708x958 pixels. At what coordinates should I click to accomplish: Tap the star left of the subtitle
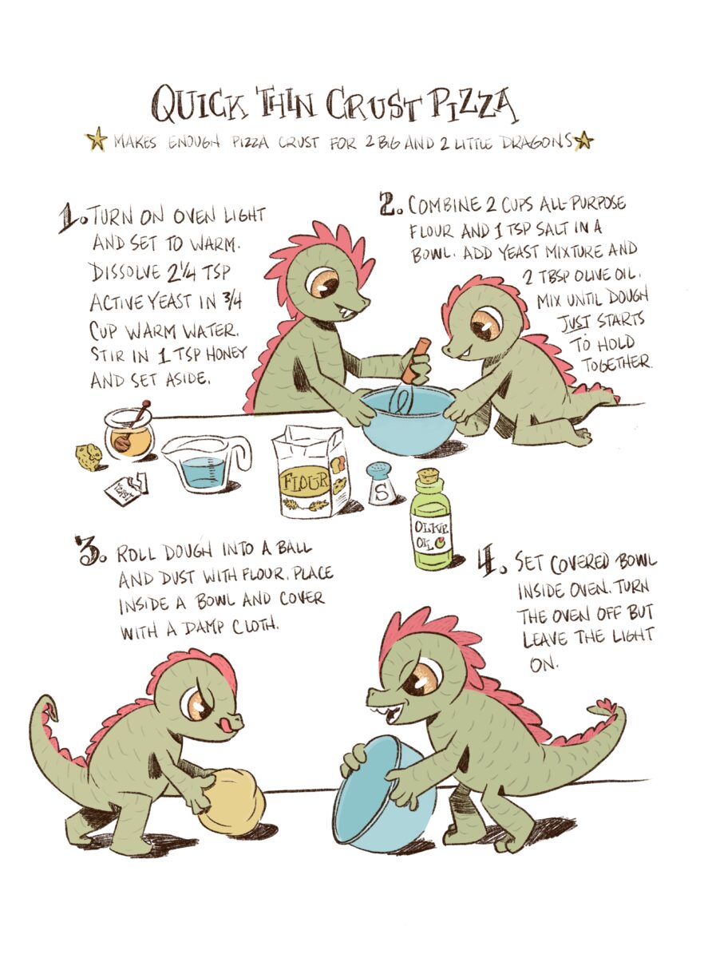tap(96, 139)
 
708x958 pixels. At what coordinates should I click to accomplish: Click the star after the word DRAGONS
tap(583, 140)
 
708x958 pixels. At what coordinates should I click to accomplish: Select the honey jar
tap(129, 433)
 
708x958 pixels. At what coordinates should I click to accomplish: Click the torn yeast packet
tap(127, 489)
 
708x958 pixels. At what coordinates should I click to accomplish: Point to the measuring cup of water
tap(206, 464)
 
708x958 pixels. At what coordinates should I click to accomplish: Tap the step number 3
tap(89, 550)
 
